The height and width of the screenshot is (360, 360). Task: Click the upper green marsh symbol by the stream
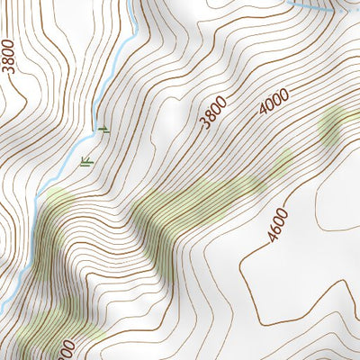[103, 130]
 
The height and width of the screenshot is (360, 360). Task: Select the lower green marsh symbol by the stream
[87, 162]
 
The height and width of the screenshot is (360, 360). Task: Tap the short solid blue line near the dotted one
[306, 4]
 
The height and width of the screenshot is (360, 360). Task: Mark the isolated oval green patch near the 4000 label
[330, 129]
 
